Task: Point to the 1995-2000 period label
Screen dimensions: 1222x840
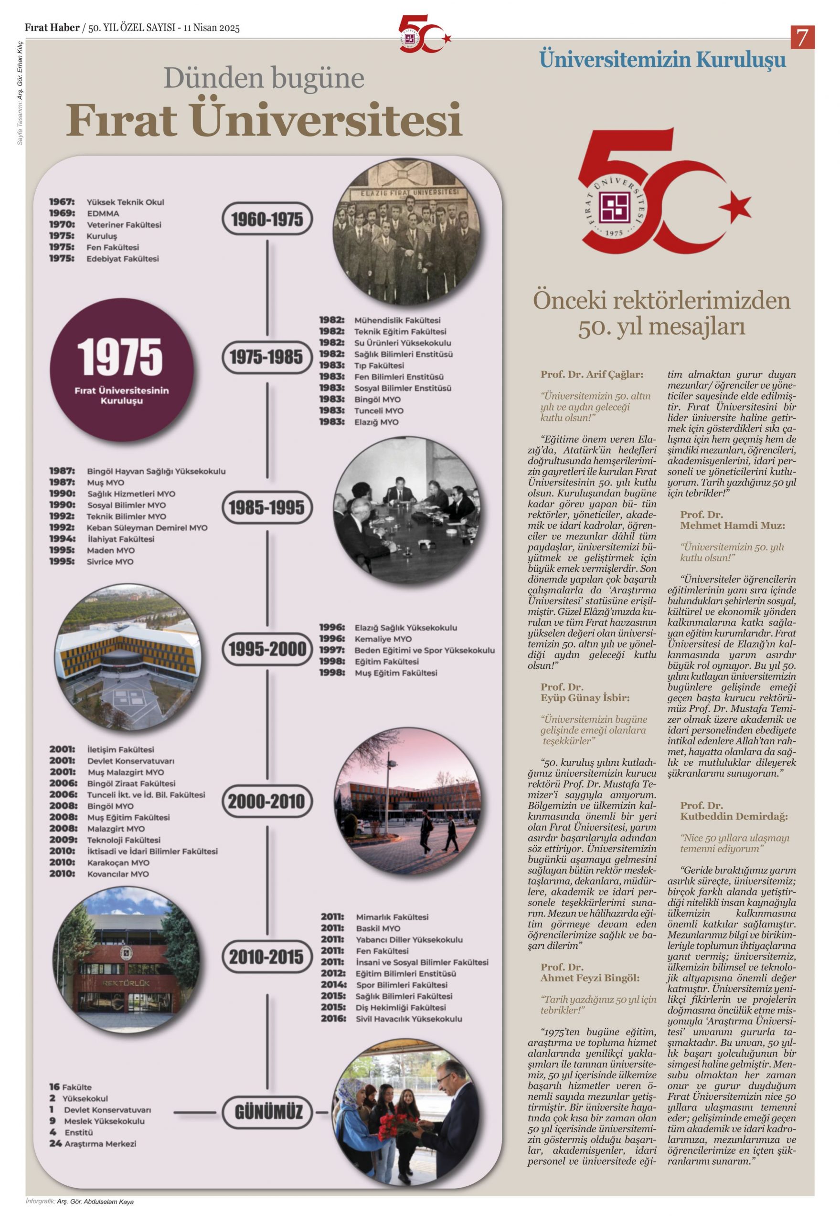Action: [x=267, y=649]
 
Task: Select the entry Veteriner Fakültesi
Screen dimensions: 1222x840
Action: [x=124, y=225]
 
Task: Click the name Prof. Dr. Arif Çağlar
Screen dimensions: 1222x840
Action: [x=592, y=375]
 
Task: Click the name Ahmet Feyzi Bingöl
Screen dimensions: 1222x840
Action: [x=589, y=978]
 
